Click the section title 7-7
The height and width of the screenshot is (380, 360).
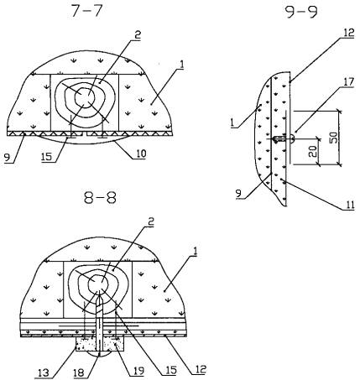[x=86, y=11]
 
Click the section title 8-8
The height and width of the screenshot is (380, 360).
[x=100, y=197]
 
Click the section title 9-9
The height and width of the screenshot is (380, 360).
[x=302, y=12]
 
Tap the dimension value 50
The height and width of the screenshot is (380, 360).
[x=334, y=136]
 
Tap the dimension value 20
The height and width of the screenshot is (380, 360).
[x=314, y=151]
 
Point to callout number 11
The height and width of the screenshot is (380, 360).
[x=349, y=206]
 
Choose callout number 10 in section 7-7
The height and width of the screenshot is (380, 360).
[x=140, y=154]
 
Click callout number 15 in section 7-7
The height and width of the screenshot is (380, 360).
[x=46, y=157]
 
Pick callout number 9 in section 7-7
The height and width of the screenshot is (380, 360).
[x=8, y=158]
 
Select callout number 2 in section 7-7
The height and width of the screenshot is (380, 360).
[x=138, y=35]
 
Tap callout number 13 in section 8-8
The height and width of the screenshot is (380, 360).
[x=44, y=372]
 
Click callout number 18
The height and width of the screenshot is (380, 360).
[x=79, y=373]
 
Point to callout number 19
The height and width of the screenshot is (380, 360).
[x=138, y=371]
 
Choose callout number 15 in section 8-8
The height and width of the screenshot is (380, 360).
[x=171, y=370]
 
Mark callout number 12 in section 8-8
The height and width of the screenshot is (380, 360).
[x=200, y=369]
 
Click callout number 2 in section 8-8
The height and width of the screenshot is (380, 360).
[x=150, y=222]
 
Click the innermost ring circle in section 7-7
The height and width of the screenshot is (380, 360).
[x=85, y=96]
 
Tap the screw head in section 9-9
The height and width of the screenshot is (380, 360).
[x=292, y=138]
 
